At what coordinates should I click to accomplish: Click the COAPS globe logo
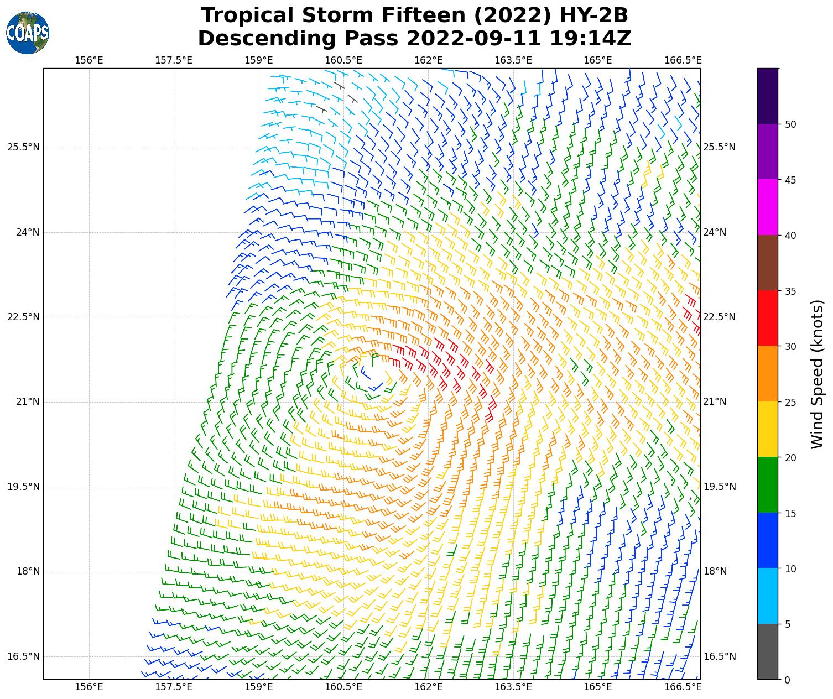tap(28, 33)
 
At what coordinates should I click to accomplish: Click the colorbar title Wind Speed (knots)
tap(817, 374)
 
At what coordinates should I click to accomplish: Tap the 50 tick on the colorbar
tap(790, 124)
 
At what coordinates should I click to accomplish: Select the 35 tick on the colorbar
tap(790, 291)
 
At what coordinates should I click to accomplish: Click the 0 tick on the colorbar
tap(788, 680)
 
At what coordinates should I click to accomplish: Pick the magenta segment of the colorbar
tap(768, 207)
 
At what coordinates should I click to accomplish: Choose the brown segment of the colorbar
tap(768, 263)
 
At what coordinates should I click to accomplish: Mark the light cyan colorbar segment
tap(768, 596)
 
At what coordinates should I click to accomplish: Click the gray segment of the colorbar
tap(768, 651)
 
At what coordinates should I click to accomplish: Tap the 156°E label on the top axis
tap(89, 60)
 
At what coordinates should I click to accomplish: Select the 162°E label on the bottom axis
tap(429, 687)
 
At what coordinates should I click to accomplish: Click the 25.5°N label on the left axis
tap(23, 147)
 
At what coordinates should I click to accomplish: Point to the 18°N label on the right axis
tap(715, 571)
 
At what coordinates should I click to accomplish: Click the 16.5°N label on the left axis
tap(23, 656)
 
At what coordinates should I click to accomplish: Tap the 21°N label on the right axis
tap(715, 401)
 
